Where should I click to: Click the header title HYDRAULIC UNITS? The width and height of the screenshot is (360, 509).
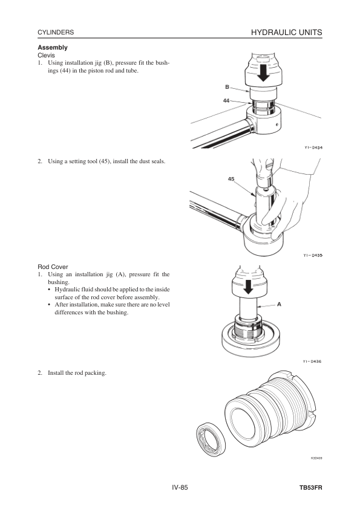(287, 33)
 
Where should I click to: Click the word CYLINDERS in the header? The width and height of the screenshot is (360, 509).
(56, 33)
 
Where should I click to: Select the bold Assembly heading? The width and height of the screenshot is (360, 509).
(53, 47)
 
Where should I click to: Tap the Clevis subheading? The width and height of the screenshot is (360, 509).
(47, 55)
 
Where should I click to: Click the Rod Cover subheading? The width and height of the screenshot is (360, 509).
(53, 267)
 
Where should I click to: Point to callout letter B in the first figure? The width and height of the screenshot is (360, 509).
(227, 87)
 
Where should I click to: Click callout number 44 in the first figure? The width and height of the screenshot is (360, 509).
(226, 100)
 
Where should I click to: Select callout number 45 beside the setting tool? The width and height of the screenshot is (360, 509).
(231, 179)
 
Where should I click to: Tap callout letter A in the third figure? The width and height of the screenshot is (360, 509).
(279, 305)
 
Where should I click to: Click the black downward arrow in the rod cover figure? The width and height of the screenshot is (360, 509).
(249, 287)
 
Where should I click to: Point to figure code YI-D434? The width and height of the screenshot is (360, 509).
(313, 148)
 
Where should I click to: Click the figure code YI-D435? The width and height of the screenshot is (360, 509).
(313, 256)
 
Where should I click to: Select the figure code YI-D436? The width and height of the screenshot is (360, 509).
(312, 361)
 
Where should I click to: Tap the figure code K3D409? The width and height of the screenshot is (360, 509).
(316, 458)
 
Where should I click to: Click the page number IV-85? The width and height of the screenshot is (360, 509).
(180, 488)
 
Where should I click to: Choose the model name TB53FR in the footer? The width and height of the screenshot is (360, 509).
(311, 488)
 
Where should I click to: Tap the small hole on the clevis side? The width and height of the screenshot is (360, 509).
(277, 125)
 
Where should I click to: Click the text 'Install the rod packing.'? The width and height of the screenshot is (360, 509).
(77, 373)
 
